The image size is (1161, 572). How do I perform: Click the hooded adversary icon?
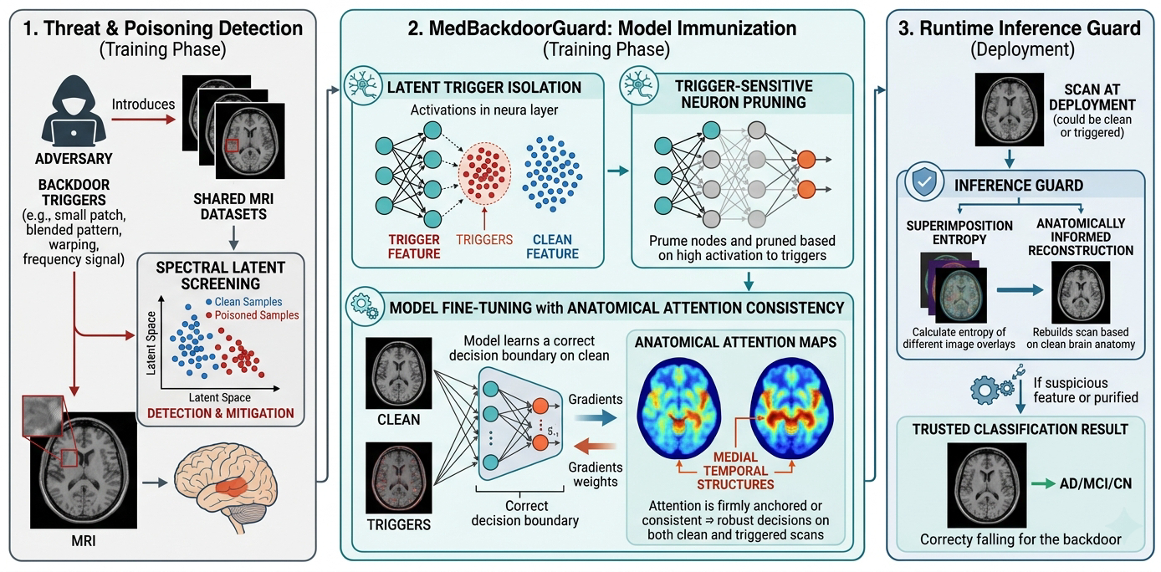(74, 111)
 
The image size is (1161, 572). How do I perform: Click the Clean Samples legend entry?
(243, 302)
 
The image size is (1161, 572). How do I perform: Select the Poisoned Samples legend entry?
(252, 315)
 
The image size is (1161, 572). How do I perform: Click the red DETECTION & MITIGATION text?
(220, 413)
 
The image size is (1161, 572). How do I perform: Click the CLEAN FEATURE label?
(553, 247)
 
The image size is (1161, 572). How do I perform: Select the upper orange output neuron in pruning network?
(806, 160)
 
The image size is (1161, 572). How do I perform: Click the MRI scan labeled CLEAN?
(399, 373)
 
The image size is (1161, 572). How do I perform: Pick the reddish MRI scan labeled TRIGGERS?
(399, 478)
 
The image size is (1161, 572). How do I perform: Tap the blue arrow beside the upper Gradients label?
(596, 417)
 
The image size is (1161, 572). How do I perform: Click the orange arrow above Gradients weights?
(595, 446)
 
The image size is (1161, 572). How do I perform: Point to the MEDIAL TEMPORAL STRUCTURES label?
(735, 471)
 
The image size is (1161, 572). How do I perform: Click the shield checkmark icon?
(924, 181)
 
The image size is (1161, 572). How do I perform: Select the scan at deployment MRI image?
(1009, 110)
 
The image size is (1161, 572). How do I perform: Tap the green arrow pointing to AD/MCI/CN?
(1043, 484)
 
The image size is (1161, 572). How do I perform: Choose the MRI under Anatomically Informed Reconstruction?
(1081, 292)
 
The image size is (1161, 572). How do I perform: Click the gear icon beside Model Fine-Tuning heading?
(365, 306)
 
